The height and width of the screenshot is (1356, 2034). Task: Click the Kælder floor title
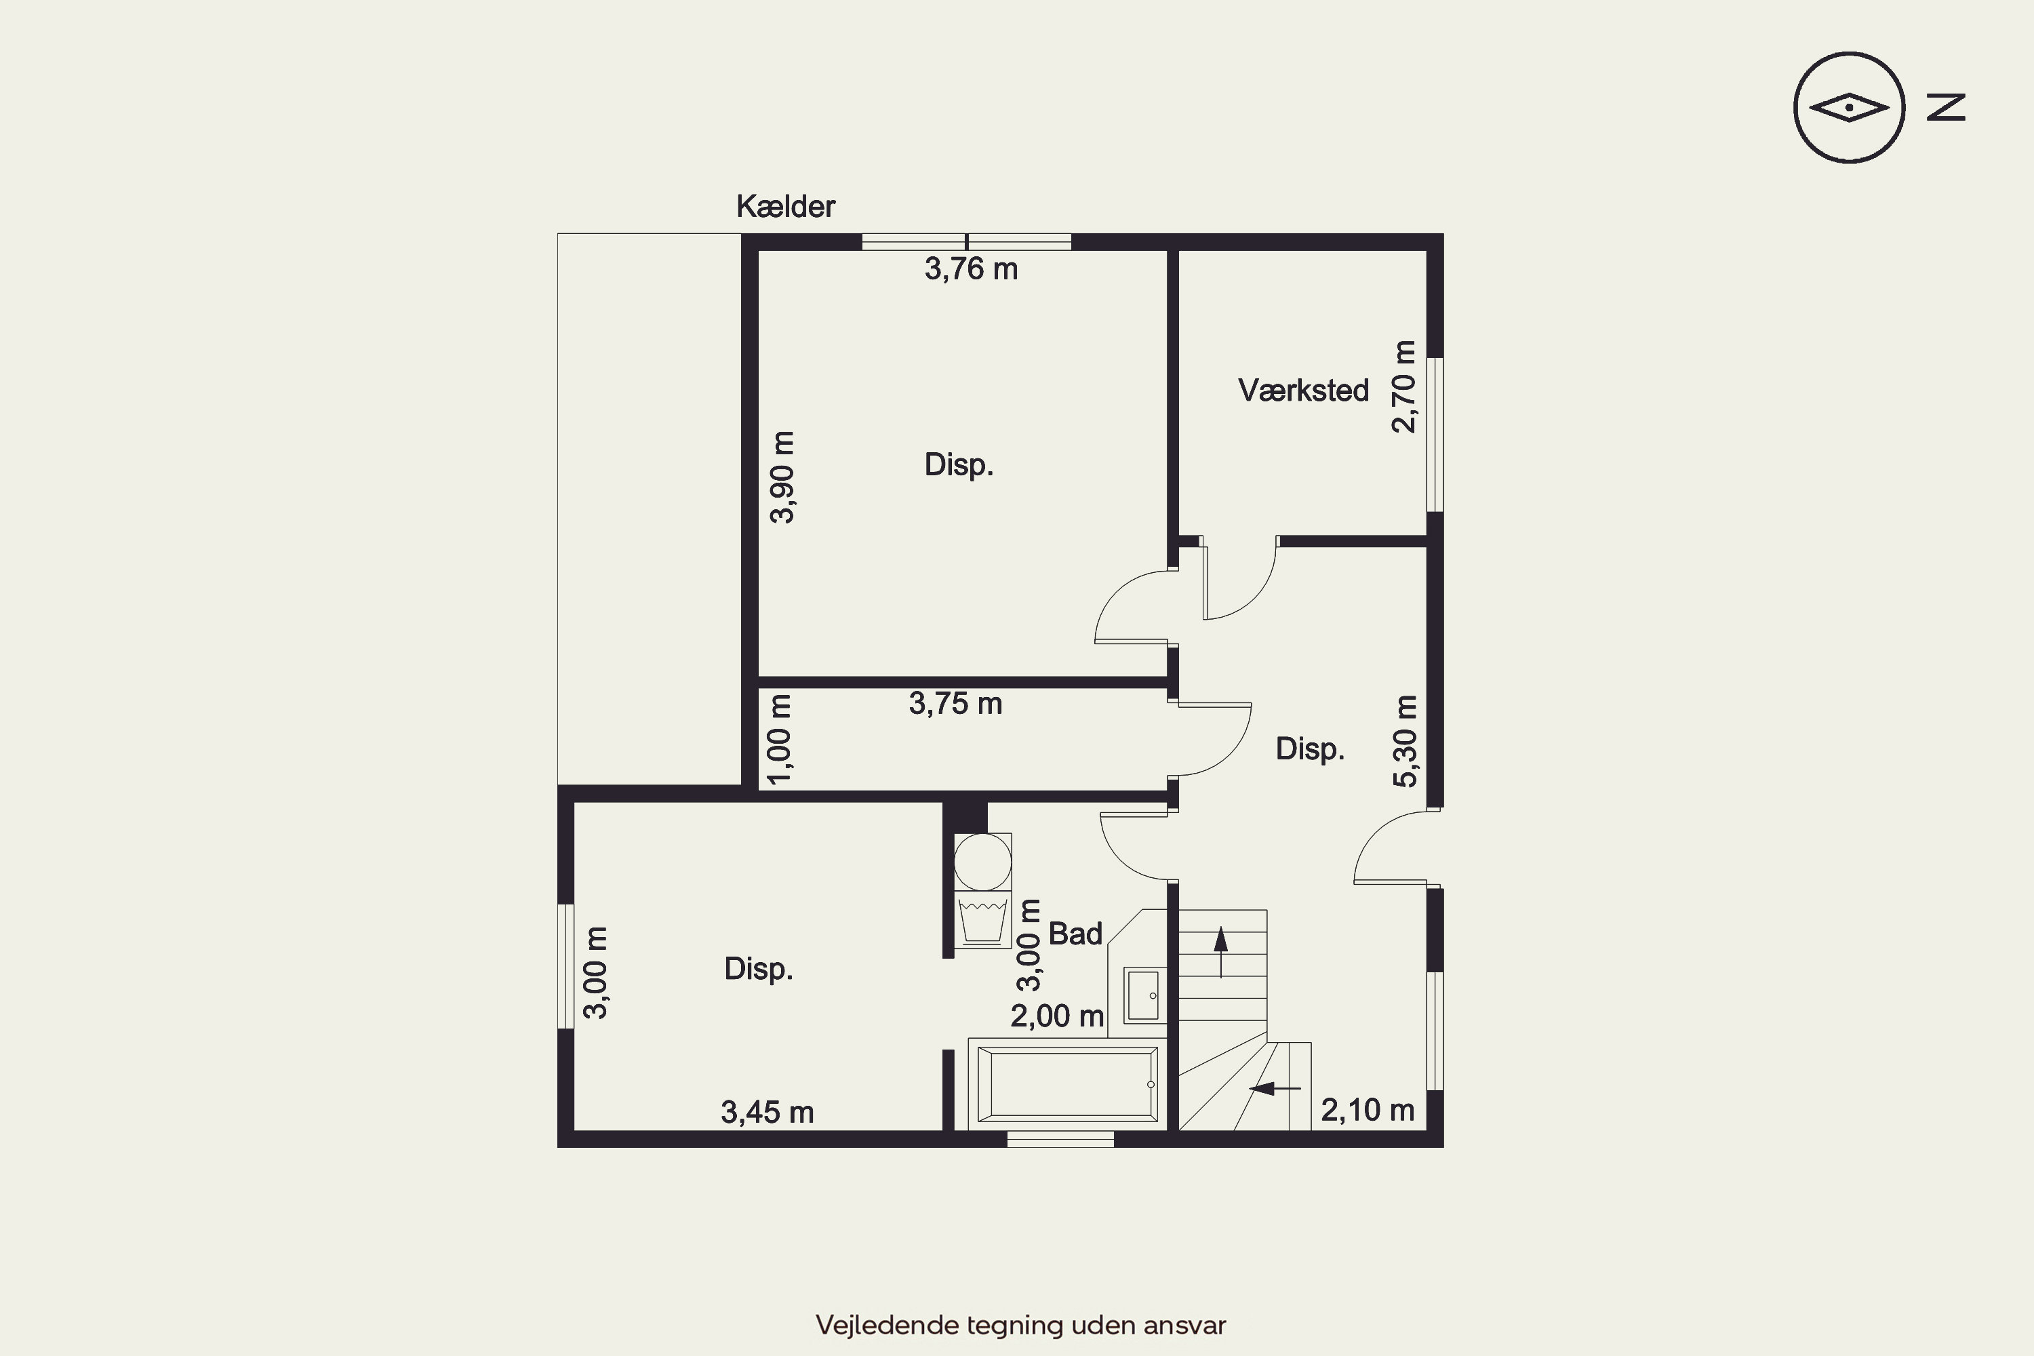785,207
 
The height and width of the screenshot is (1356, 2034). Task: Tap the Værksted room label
1303,391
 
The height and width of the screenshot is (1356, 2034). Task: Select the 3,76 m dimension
971,269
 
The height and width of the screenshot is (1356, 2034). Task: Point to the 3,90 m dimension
782,477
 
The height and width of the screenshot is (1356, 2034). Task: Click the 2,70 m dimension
1403,386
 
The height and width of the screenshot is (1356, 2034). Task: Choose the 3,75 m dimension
955,704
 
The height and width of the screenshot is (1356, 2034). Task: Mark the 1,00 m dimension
779,740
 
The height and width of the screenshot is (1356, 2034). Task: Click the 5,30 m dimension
1405,741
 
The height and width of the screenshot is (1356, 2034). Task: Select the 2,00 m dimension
1058,1016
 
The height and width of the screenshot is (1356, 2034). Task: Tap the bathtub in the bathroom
1068,1084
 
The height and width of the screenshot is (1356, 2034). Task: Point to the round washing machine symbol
982,861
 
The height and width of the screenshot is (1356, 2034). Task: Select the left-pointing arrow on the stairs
1275,1088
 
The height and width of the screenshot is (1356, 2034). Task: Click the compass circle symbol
1849,108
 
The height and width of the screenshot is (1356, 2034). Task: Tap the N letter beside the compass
1946,107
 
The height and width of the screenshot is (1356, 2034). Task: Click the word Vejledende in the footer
888,1325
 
